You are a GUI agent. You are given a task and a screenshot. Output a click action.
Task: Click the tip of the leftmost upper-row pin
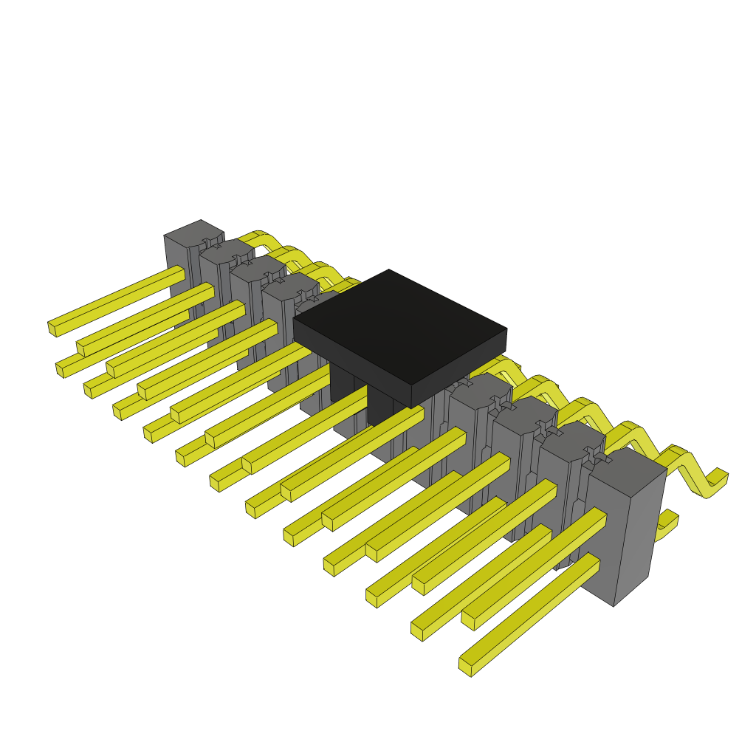(x=52, y=328)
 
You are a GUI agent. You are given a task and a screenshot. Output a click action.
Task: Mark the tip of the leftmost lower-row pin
(x=60, y=369)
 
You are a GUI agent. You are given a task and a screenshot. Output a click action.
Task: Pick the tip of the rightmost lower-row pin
(x=465, y=666)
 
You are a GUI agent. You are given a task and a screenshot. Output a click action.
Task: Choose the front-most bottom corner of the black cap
(x=411, y=405)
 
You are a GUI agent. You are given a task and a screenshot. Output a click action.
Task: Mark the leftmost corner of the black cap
(x=294, y=320)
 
